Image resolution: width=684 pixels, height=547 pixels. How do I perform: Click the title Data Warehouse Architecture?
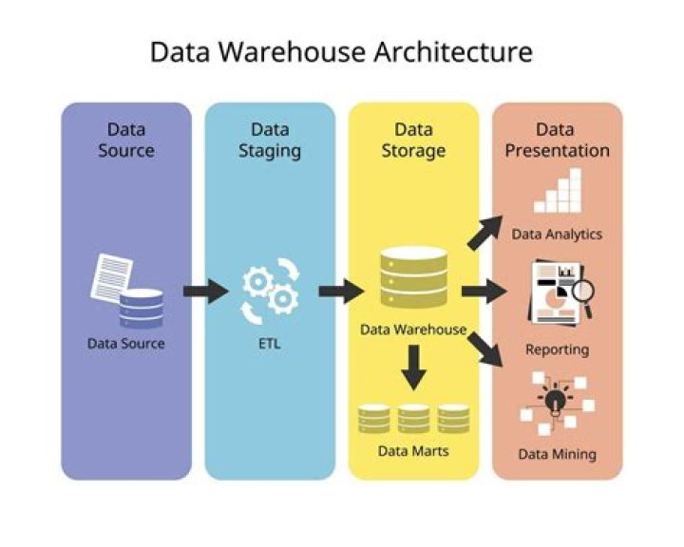[x=341, y=51]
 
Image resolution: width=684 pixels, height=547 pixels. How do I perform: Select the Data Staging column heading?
[x=270, y=140]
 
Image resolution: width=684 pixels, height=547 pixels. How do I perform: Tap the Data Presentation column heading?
[x=557, y=140]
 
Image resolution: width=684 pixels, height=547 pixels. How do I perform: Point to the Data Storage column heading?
[x=413, y=140]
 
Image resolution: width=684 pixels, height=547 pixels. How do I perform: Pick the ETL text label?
[x=270, y=344]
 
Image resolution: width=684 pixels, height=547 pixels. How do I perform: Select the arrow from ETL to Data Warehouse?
[x=340, y=291]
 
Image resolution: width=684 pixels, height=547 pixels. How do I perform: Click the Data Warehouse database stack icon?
[x=413, y=277]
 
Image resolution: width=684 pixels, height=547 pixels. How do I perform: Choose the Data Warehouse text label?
[x=413, y=330]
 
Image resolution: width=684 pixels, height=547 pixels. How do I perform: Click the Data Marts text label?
[x=413, y=450]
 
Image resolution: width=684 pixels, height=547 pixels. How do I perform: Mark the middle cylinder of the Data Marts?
[x=413, y=418]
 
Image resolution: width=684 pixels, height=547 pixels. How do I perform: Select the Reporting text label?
[x=557, y=349]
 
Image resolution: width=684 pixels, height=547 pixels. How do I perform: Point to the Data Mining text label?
[x=557, y=454]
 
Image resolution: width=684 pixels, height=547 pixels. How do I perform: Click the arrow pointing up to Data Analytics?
[x=486, y=233]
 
